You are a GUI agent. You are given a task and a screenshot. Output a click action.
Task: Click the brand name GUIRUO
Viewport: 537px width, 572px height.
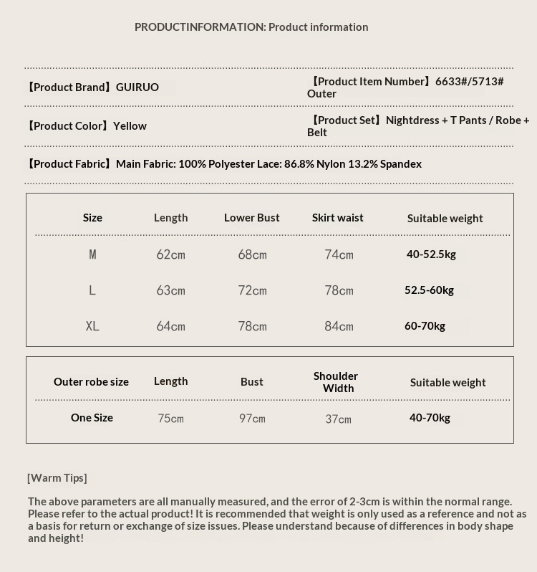(137, 87)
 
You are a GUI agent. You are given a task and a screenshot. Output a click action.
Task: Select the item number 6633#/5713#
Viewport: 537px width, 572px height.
(469, 82)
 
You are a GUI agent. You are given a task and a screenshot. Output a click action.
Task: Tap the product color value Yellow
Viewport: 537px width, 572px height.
(130, 126)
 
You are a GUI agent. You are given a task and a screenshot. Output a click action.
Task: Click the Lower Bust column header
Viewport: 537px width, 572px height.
(252, 218)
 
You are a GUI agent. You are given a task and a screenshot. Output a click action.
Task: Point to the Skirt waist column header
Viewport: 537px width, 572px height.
(338, 218)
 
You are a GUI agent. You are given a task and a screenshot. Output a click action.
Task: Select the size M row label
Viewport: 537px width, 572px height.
(92, 254)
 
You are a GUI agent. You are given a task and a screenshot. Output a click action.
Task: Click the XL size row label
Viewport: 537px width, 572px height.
(92, 326)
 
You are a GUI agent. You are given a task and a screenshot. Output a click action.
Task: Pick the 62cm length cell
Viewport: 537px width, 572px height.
(171, 254)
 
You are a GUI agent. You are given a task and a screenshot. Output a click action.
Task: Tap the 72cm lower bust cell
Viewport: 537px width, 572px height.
(253, 290)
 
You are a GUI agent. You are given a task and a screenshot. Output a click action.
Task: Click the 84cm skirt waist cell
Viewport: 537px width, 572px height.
(339, 326)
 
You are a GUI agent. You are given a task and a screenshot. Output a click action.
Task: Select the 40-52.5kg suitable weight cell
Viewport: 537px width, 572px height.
(431, 254)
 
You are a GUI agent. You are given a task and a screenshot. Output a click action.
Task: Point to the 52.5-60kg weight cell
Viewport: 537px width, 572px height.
(429, 290)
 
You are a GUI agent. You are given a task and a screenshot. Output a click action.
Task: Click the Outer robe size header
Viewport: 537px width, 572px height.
(92, 382)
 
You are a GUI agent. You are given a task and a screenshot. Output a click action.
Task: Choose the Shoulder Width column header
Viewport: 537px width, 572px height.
(337, 382)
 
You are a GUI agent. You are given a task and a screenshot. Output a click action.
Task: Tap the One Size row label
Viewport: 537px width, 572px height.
(92, 418)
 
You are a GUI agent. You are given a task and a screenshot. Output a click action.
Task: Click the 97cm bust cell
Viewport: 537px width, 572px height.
(252, 419)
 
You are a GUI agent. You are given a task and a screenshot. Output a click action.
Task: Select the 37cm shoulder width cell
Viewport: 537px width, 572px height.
(339, 419)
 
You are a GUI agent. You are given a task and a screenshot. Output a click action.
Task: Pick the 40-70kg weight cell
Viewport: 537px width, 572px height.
(430, 418)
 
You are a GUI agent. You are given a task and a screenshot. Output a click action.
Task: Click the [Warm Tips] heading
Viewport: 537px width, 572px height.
(57, 478)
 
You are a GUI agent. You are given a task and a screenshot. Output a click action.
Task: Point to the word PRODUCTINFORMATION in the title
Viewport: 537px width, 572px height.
(200, 27)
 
